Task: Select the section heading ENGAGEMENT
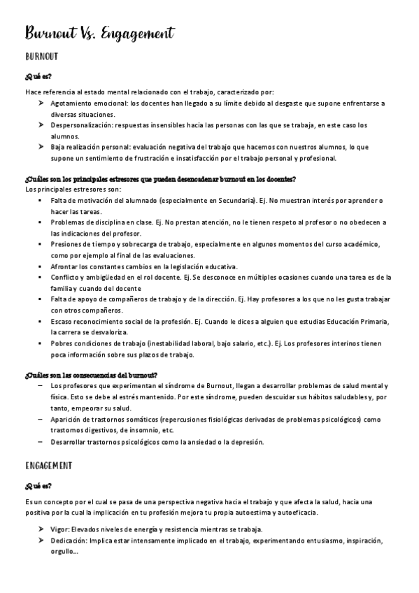(x=48, y=465)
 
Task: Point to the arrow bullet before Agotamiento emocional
(x=41, y=103)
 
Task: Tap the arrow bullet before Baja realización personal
(x=41, y=147)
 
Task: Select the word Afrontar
(x=65, y=266)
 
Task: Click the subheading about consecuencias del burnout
(x=91, y=375)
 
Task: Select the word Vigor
(x=61, y=529)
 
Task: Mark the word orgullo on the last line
(x=63, y=552)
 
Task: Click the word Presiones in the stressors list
(x=68, y=244)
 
